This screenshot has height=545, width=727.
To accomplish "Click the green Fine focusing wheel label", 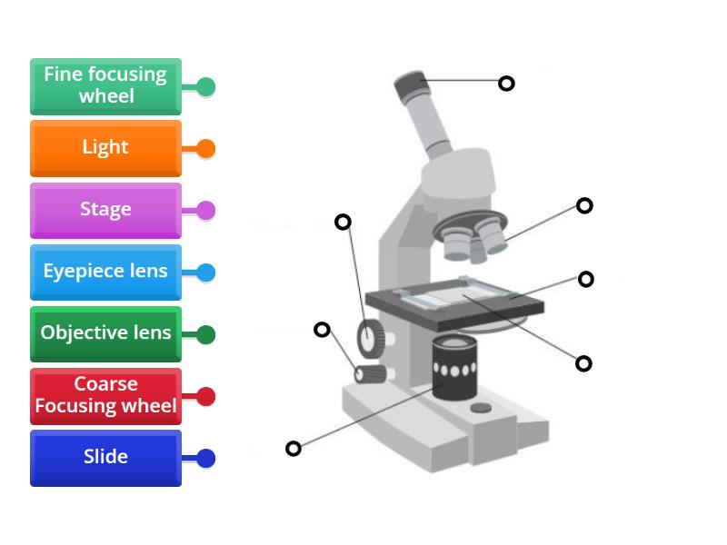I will click(105, 85).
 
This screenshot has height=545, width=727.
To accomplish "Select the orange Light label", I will click(105, 147).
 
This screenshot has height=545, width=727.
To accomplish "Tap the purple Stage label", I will click(105, 209).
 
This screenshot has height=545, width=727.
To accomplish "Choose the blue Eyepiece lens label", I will click(105, 271).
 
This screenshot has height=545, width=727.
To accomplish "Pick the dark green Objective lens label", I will click(105, 332).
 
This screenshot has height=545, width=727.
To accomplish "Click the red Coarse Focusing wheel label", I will click(105, 395).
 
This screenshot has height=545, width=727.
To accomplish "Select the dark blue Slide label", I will click(105, 457).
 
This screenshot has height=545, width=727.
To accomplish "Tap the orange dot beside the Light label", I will click(206, 148).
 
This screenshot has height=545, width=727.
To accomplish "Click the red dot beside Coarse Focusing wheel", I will click(206, 396).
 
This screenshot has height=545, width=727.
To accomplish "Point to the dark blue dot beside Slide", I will click(206, 458).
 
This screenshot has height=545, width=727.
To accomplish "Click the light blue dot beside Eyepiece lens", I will click(206, 272).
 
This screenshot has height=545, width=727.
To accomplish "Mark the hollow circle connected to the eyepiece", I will click(506, 84).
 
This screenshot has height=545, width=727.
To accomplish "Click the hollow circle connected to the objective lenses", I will click(584, 206).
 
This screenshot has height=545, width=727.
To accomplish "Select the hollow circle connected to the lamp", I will click(294, 448).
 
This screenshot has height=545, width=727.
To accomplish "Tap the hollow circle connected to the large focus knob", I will click(343, 222).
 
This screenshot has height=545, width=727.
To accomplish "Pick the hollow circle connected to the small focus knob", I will click(322, 329).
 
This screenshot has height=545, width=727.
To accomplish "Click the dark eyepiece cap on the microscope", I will click(412, 88).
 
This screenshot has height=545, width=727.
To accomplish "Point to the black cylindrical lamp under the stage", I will click(454, 366).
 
